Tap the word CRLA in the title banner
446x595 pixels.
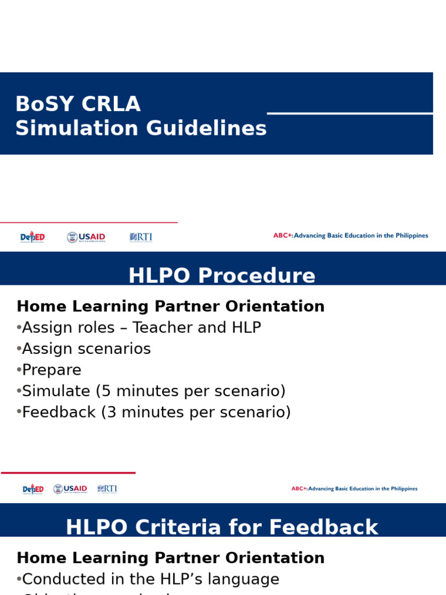click(111, 105)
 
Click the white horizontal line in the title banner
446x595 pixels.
click(350, 113)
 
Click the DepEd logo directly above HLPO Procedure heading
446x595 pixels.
click(33, 237)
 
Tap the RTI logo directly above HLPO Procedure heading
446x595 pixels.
click(141, 237)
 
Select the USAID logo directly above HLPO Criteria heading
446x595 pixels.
click(70, 489)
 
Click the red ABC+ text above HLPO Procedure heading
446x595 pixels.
click(283, 236)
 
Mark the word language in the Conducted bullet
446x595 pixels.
click(247, 579)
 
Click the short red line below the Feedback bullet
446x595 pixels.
click(68, 473)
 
